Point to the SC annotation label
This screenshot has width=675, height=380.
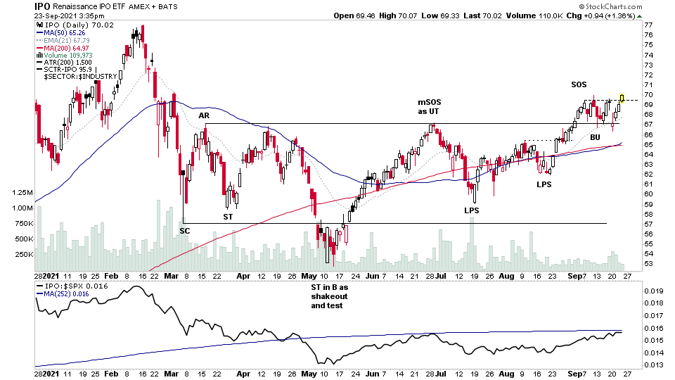click(x=185, y=230)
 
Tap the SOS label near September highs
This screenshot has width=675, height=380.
click(x=579, y=84)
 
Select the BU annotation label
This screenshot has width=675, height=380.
click(x=595, y=137)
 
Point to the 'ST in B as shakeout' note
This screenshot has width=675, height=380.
click(x=329, y=296)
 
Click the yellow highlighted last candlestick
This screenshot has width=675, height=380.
click(x=622, y=99)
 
